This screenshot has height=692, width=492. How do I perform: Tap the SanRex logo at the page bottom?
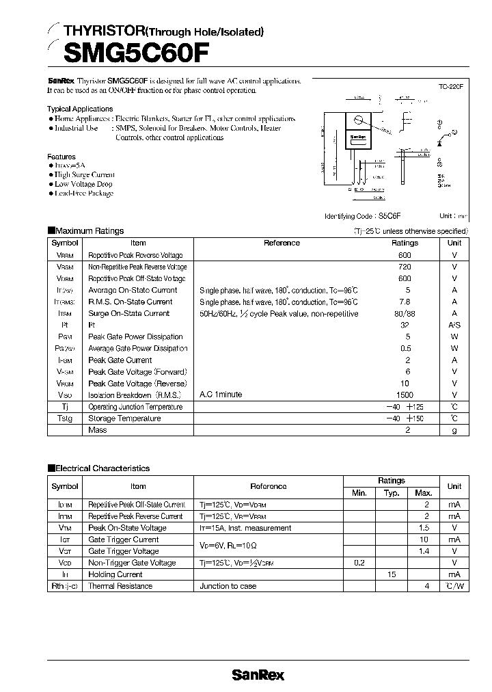pyautogui.click(x=258, y=675)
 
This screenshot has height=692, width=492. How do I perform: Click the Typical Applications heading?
pyautogui.click(x=80, y=109)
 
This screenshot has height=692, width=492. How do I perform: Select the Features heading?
pyautogui.click(x=61, y=157)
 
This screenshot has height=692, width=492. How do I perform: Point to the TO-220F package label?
pyautogui.click(x=451, y=87)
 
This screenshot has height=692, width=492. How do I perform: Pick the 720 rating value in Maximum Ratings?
pyautogui.click(x=405, y=267)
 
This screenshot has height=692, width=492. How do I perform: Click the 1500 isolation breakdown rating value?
pyautogui.click(x=405, y=395)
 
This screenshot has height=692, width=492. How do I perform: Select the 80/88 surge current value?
pyautogui.click(x=405, y=314)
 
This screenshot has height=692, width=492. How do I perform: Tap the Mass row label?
pyautogui.click(x=98, y=430)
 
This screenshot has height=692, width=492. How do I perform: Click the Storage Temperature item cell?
pyautogui.click(x=124, y=418)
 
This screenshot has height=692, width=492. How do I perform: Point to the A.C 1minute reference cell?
pyautogui.click(x=221, y=395)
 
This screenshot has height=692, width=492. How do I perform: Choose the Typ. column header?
pyautogui.click(x=392, y=493)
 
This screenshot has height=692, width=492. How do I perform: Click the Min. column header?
pyautogui.click(x=359, y=493)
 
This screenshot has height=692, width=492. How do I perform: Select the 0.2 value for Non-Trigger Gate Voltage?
pyautogui.click(x=359, y=563)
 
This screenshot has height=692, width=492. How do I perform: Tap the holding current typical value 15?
pyautogui.click(x=392, y=574)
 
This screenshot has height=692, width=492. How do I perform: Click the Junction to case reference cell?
pyautogui.click(x=228, y=586)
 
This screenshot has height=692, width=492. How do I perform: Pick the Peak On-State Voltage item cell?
pyautogui.click(x=127, y=528)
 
